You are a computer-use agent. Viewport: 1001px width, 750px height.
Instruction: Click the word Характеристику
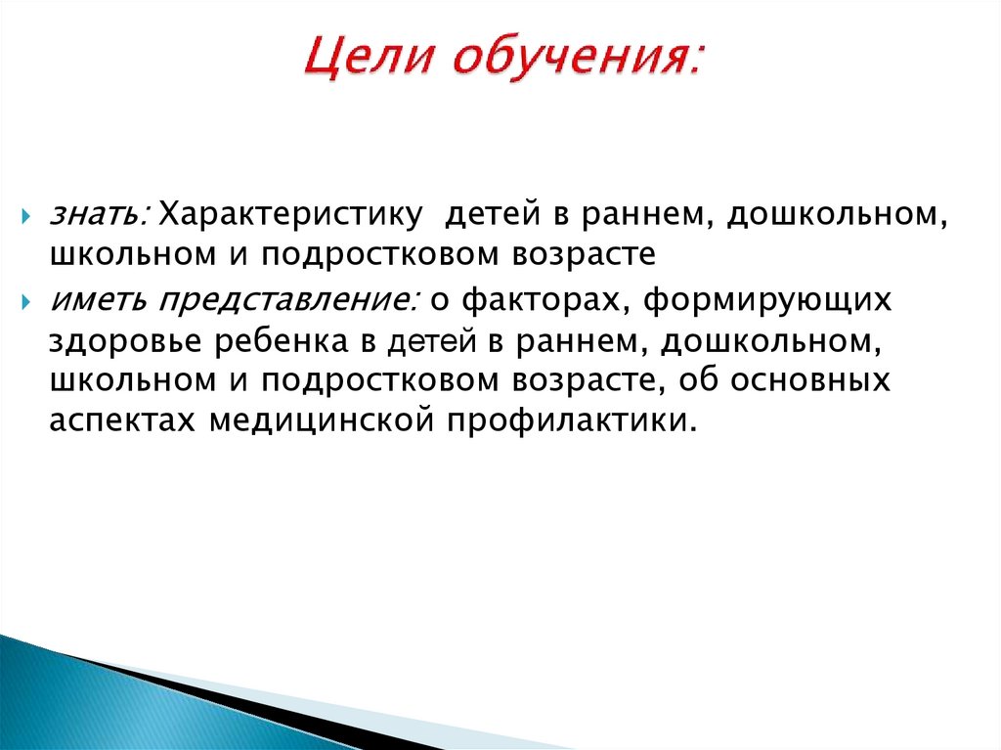click(291, 214)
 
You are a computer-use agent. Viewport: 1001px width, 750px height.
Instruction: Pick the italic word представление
click(289, 300)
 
